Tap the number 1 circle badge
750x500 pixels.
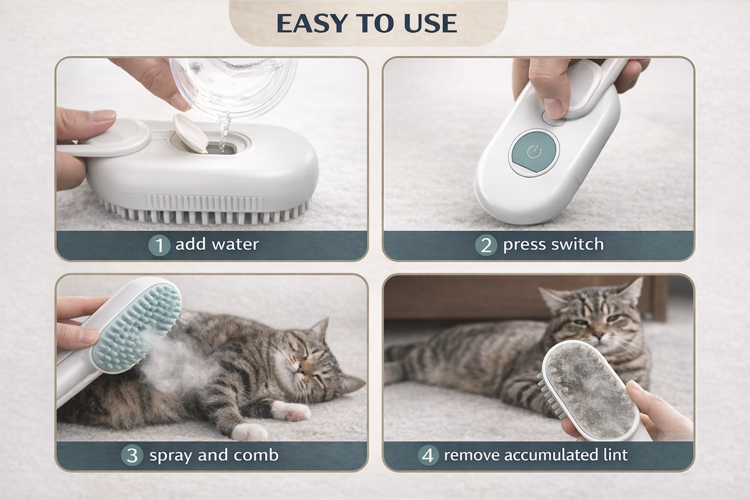coord(159,245)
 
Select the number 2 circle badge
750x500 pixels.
coord(486,245)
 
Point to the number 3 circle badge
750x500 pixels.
coord(132,455)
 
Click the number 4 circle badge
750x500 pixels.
coord(428,455)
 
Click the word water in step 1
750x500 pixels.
coord(236,244)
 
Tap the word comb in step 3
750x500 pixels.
coord(256,455)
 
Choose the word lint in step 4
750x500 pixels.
coord(615,455)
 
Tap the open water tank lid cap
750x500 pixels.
coord(190,133)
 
